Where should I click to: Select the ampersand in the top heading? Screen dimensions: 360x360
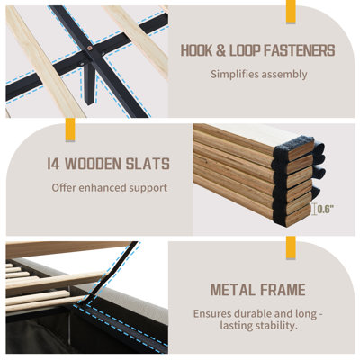[x=220, y=50]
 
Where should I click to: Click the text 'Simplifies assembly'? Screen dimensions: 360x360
[x=258, y=74]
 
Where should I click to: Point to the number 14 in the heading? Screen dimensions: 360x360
[x=54, y=164]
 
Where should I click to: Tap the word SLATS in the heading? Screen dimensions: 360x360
[x=148, y=164]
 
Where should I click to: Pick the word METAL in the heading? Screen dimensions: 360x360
[x=232, y=290]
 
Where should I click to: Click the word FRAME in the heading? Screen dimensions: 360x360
[x=283, y=290]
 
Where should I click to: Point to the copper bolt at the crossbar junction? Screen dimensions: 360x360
[x=91, y=47]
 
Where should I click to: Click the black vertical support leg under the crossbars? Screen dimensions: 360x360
[x=89, y=84]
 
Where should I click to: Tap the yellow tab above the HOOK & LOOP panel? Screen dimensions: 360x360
[x=291, y=12]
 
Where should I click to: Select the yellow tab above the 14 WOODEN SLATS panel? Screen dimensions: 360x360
[x=70, y=130]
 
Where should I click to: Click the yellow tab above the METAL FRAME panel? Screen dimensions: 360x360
[x=291, y=247]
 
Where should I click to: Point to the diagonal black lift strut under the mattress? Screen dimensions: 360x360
[x=112, y=269]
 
